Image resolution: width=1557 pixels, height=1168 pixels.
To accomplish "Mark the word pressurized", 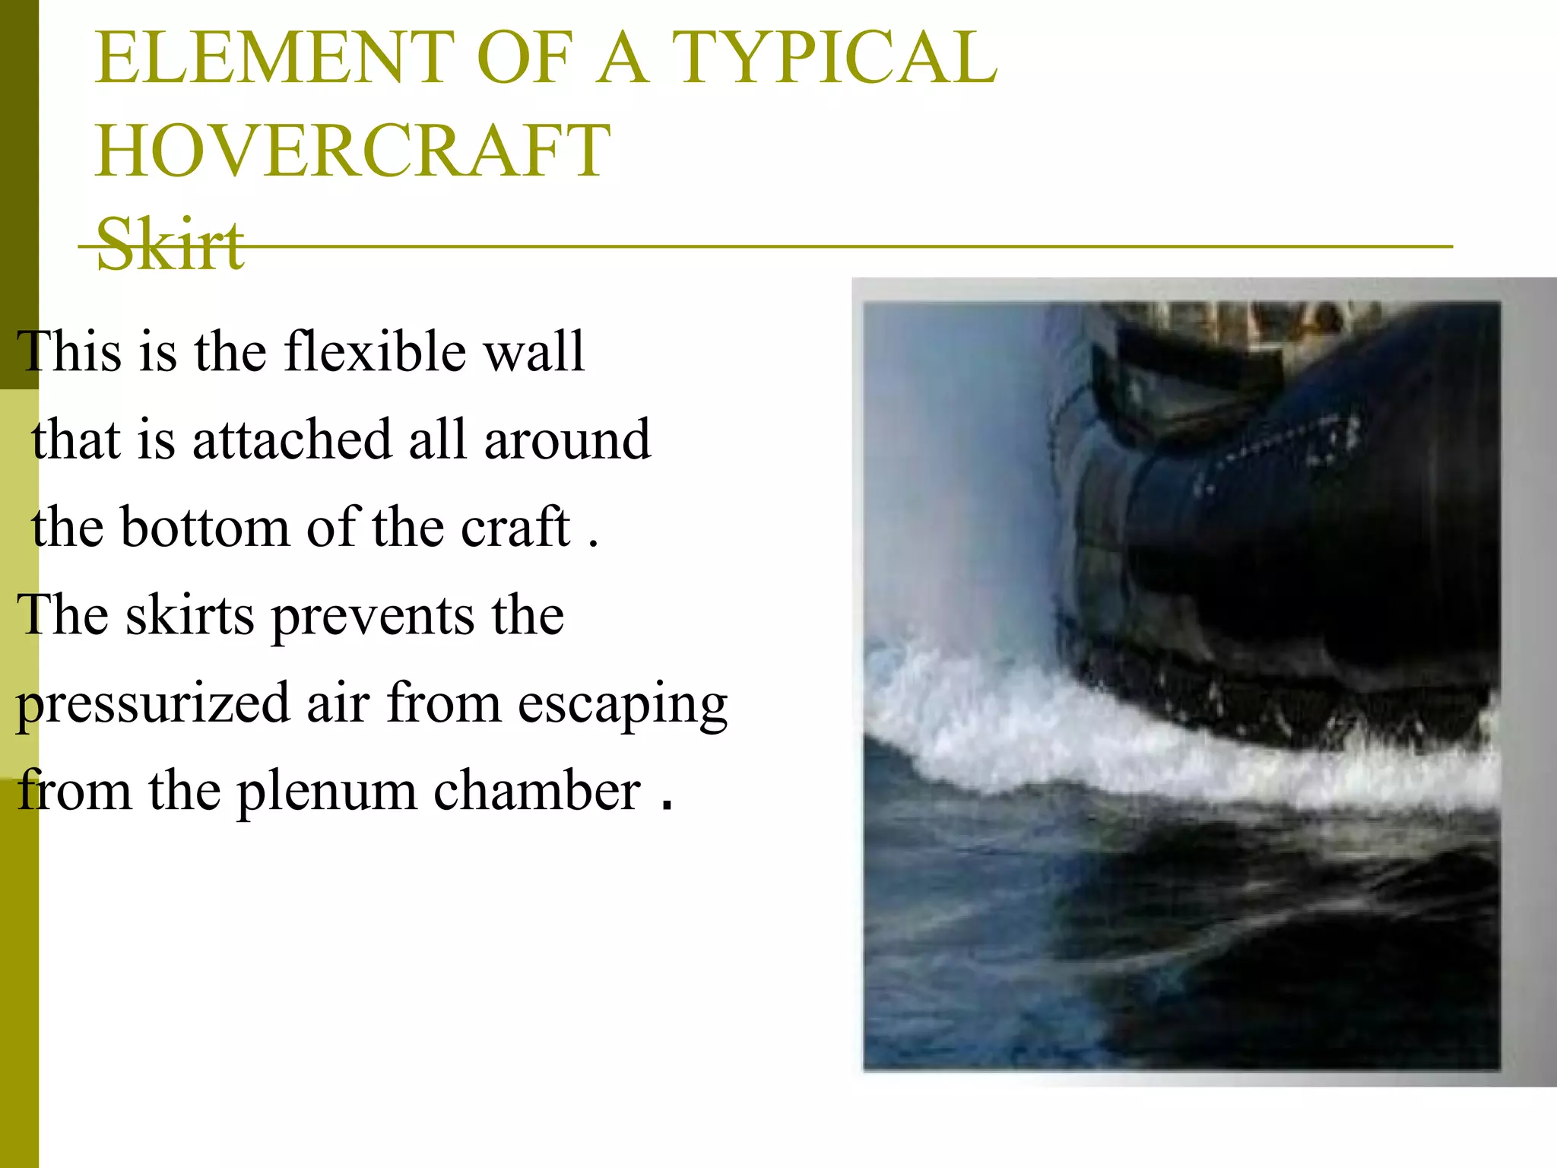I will pos(152,704).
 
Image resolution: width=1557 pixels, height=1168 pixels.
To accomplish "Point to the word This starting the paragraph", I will pos(68,351).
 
